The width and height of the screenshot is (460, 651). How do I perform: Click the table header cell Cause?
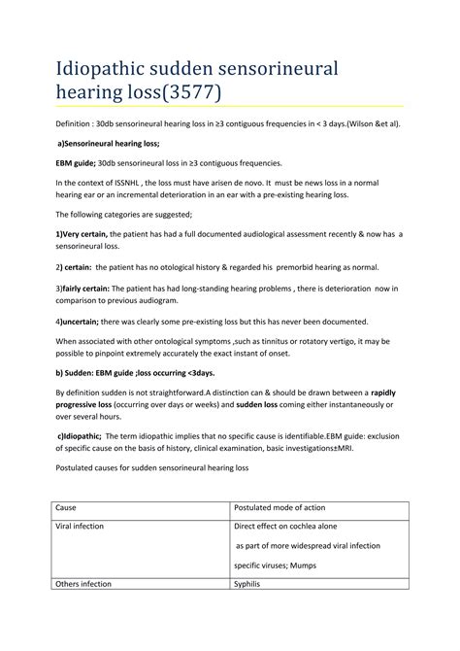[67, 508]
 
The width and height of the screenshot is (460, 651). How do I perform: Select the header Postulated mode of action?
[280, 508]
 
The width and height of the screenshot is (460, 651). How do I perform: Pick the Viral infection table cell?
[81, 526]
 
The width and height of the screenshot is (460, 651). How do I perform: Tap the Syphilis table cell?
[250, 584]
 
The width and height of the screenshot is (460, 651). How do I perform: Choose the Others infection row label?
[84, 584]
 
